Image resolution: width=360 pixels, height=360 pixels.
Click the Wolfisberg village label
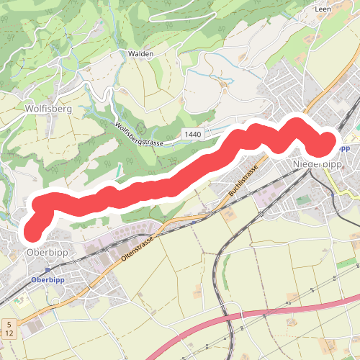point(48,109)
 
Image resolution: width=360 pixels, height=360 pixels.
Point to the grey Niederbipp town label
point(318,164)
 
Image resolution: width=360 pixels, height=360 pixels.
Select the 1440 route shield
point(193,135)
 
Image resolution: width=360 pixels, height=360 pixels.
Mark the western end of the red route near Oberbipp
point(32,233)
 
